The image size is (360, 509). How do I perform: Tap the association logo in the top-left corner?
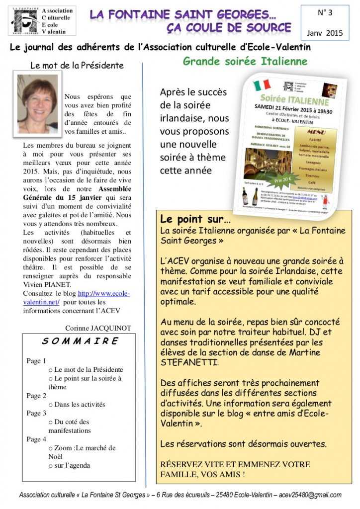pyautogui.click(x=25, y=21)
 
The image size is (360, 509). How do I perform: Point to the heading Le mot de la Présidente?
pyautogui.click(x=77, y=65)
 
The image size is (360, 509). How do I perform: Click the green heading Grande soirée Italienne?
pyautogui.click(x=245, y=62)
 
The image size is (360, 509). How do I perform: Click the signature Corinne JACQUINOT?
pyautogui.click(x=98, y=328)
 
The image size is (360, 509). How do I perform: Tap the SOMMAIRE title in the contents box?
pyautogui.click(x=80, y=341)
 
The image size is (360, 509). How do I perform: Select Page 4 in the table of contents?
pyautogui.click(x=36, y=439)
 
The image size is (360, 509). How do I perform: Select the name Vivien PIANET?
pyautogui.click(x=48, y=285)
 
